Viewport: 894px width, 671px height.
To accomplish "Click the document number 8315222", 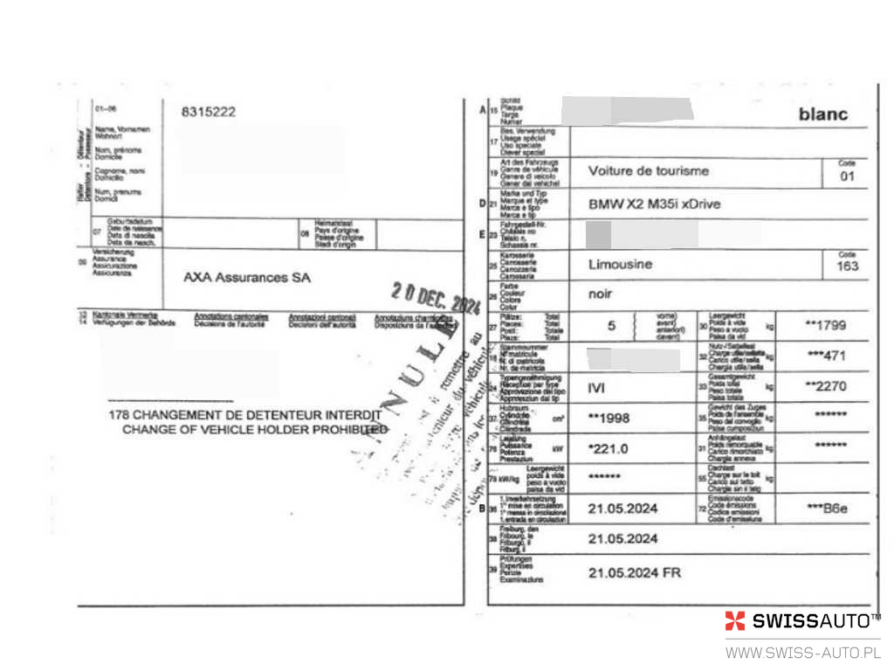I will (x=209, y=112).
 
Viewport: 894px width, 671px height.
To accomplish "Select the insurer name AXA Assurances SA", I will (x=247, y=277).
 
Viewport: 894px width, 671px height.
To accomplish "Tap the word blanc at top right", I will (x=822, y=114).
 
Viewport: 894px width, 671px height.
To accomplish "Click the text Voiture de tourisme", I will (x=649, y=171).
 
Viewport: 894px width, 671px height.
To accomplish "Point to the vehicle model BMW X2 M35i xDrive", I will (x=655, y=204).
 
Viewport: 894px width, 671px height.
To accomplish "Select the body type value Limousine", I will (x=621, y=264).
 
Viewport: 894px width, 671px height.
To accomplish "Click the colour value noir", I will (x=601, y=294).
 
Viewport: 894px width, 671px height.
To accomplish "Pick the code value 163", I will (x=847, y=266).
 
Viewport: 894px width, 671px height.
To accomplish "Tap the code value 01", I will (x=847, y=177).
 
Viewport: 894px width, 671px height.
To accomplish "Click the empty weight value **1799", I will (x=825, y=325).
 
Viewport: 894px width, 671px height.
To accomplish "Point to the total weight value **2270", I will (x=825, y=386).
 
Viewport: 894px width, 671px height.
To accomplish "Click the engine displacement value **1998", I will (x=609, y=418).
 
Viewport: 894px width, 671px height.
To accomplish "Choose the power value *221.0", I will (x=609, y=448).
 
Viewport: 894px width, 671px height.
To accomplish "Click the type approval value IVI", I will (x=597, y=386).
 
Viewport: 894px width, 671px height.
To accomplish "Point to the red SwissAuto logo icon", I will (x=735, y=621).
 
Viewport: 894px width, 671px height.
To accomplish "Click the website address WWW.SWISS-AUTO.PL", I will (x=803, y=653).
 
